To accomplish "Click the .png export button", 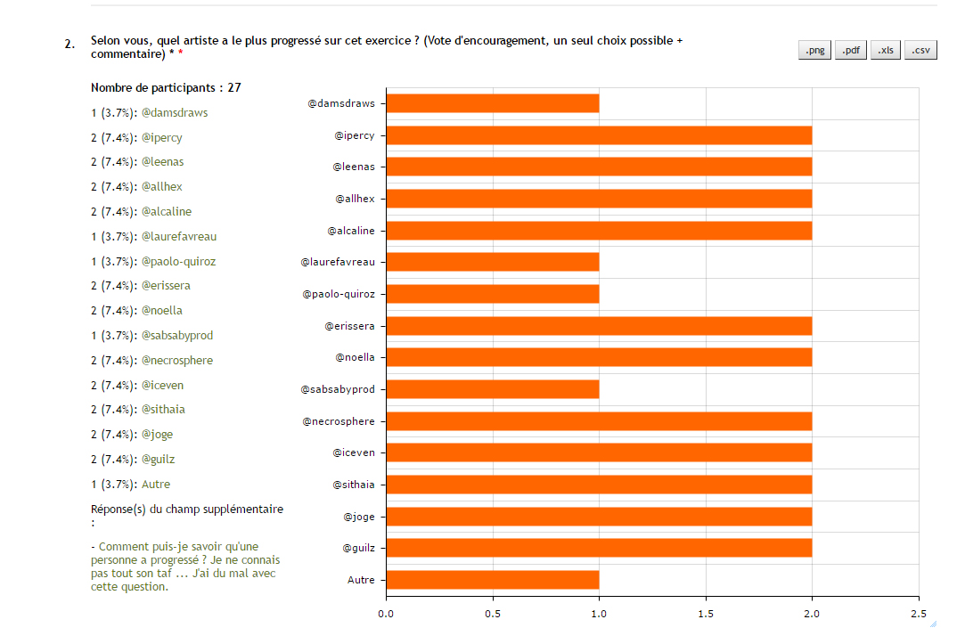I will [x=814, y=51].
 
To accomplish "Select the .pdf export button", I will [x=851, y=51].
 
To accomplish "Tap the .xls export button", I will [x=886, y=51].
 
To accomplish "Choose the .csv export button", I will [x=920, y=51].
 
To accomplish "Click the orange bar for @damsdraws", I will [x=492, y=103].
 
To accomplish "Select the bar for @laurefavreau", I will [x=492, y=262].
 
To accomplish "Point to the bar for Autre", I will [x=492, y=580].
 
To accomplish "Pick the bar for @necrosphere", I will [x=599, y=421].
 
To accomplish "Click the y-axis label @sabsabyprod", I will [x=338, y=389].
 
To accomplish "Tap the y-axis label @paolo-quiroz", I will [x=338, y=294].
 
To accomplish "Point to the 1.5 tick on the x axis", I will [x=706, y=613].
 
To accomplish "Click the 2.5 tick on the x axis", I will [x=919, y=613].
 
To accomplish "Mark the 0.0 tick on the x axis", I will [x=386, y=613].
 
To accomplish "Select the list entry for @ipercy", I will [x=136, y=138].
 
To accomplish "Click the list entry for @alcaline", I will [x=141, y=212].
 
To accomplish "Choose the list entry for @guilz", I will [x=134, y=460].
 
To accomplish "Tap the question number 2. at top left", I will [x=70, y=43].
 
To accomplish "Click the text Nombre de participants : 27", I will [x=166, y=88].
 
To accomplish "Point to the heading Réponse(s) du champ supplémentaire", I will [x=187, y=509].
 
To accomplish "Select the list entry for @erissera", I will [x=140, y=286].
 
